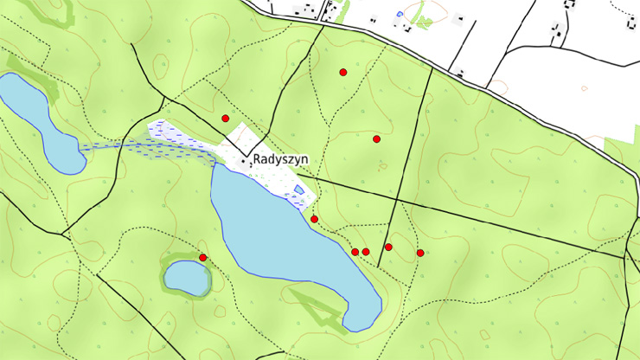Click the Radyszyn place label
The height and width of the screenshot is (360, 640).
(x=280, y=160)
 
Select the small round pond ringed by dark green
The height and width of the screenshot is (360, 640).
(x=187, y=278)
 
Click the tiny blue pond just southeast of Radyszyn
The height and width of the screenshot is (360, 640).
(x=299, y=190)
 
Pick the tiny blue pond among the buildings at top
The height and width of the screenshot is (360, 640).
(x=399, y=14)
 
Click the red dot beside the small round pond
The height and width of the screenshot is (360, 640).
(x=202, y=257)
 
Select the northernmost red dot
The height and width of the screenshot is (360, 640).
(x=343, y=72)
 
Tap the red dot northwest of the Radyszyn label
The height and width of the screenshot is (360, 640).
(x=226, y=118)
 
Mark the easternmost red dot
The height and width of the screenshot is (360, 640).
(x=420, y=253)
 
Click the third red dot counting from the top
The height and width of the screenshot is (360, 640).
(x=376, y=138)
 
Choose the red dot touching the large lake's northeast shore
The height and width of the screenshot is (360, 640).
(x=314, y=219)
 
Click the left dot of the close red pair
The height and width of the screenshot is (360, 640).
(x=355, y=252)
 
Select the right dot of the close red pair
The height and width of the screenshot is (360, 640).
(x=366, y=252)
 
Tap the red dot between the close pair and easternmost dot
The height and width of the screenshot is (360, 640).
(x=388, y=247)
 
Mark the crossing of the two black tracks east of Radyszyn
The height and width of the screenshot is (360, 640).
(x=397, y=201)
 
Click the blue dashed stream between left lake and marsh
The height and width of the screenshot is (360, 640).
(x=112, y=145)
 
